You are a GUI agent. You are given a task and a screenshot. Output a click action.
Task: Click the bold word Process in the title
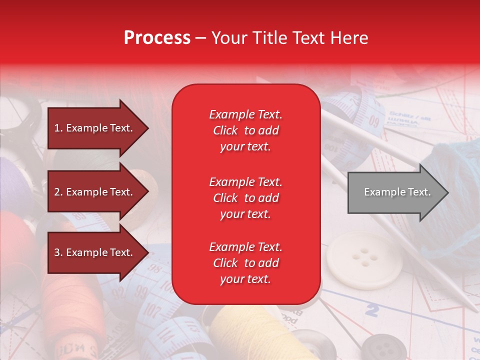pyautogui.click(x=157, y=37)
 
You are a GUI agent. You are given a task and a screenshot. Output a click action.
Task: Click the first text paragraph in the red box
pyautogui.click(x=245, y=130)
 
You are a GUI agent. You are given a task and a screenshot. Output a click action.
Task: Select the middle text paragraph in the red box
pyautogui.click(x=245, y=198)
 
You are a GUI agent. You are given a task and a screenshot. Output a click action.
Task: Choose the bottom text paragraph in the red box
pyautogui.click(x=245, y=263)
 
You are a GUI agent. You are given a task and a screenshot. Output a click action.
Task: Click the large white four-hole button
pyautogui.click(x=364, y=259)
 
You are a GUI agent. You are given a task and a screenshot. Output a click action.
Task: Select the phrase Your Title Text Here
pyautogui.click(x=290, y=37)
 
